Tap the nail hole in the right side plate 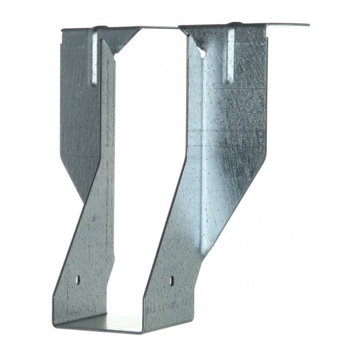click(x=172, y=281)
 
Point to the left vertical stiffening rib click(x=94, y=57)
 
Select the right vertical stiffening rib click(x=230, y=55)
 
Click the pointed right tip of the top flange click(x=308, y=25)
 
